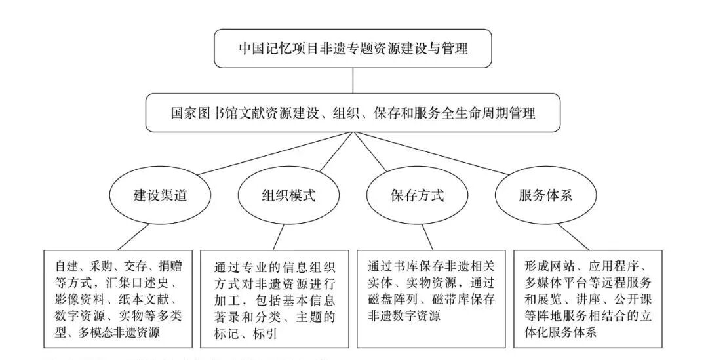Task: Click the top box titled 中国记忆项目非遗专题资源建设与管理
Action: pos(353,48)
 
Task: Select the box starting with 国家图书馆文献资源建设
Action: pos(353,113)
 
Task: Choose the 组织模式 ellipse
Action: pos(281,196)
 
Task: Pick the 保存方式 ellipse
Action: pos(417,196)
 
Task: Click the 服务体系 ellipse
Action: pos(545,196)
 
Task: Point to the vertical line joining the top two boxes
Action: pos(353,80)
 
